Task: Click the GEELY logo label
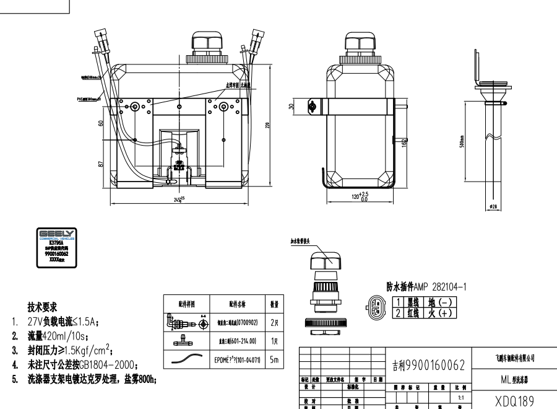(57, 246)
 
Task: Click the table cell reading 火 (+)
(441, 313)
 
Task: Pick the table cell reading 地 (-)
(441, 302)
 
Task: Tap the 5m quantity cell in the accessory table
(274, 359)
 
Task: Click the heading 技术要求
(42, 306)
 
